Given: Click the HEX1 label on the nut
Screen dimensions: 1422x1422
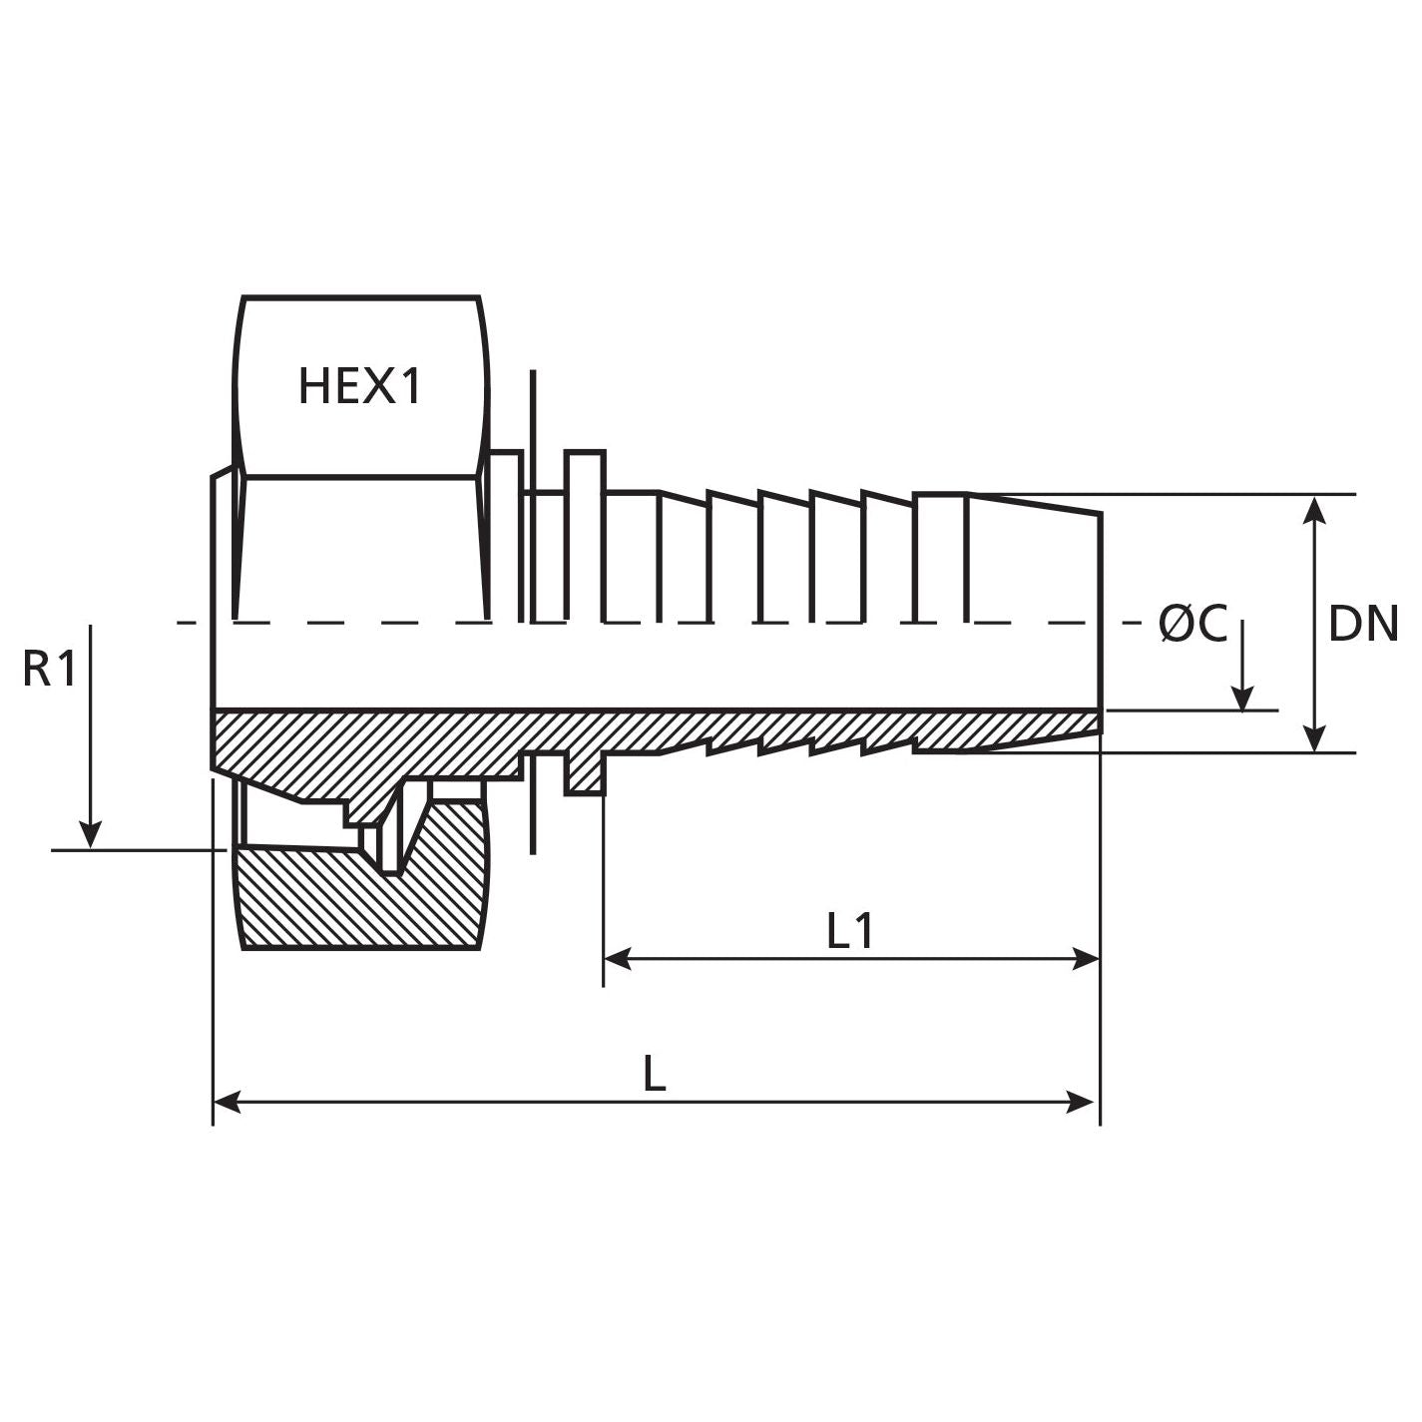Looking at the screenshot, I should pyautogui.click(x=360, y=386).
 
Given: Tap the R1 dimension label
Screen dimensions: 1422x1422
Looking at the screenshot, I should pyautogui.click(x=49, y=670).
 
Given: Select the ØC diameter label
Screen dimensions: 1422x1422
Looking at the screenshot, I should pyautogui.click(x=1192, y=625).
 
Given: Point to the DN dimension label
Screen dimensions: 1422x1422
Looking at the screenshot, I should pyautogui.click(x=1363, y=625).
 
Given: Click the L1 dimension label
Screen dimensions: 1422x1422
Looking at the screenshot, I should pyautogui.click(x=850, y=931).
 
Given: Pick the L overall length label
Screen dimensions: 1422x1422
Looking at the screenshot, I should pyautogui.click(x=654, y=1075).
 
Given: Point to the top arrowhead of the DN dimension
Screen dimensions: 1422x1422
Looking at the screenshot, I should pyautogui.click(x=1315, y=509).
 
